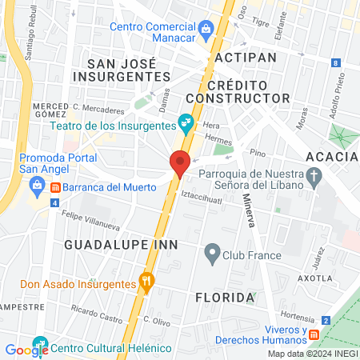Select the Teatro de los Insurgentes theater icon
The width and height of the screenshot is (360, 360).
click(x=186, y=122)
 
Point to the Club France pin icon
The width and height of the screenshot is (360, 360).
click(x=212, y=256)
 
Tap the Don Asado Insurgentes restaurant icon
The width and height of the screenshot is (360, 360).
click(x=146, y=282)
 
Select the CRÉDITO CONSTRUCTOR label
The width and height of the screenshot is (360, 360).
click(x=248, y=91)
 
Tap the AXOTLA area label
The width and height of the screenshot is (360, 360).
click(x=314, y=278)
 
